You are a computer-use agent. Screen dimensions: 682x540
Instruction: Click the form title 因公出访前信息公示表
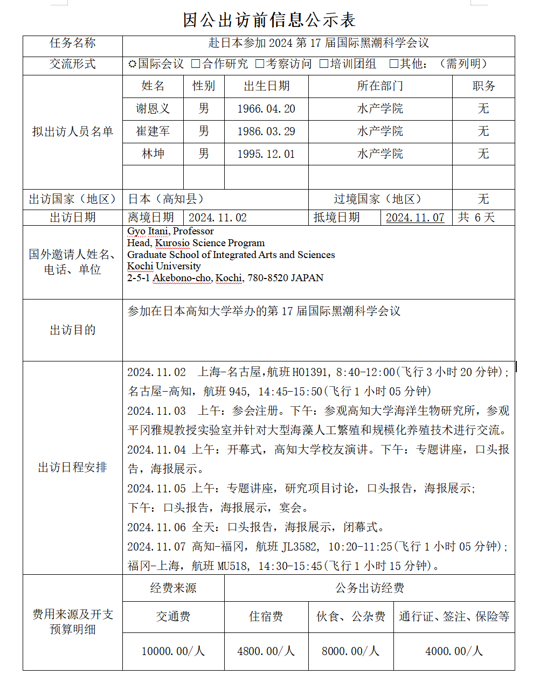[x=269, y=20]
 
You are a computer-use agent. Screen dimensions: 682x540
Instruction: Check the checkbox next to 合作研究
[x=196, y=64]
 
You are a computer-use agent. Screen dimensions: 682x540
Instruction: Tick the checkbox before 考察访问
[x=260, y=64]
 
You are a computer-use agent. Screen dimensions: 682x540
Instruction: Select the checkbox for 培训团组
[x=324, y=64]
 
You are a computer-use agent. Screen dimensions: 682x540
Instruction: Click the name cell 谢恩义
[x=153, y=109]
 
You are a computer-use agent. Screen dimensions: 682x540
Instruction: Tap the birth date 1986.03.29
[x=266, y=131]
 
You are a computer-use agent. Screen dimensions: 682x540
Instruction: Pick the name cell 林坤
[x=153, y=154]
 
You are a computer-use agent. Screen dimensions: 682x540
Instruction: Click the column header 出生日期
[x=266, y=86]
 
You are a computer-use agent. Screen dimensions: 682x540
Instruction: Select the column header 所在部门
[x=380, y=86]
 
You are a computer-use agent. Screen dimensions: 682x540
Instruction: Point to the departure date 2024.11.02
[x=217, y=218]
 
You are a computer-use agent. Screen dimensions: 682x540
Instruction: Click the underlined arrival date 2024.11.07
[x=415, y=218]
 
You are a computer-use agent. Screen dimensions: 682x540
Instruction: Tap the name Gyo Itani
[x=147, y=231]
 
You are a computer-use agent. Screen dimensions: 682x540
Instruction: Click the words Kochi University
[x=164, y=266]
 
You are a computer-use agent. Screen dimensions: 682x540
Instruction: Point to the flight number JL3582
[x=299, y=547]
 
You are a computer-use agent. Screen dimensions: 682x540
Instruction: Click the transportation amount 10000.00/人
[x=173, y=651]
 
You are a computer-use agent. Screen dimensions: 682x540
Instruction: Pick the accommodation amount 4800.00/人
[x=266, y=651]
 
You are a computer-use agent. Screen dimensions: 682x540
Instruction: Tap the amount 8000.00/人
[x=351, y=651]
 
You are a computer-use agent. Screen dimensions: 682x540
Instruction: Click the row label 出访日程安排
[x=73, y=468]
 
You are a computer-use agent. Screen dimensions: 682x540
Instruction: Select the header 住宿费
[x=266, y=617]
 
